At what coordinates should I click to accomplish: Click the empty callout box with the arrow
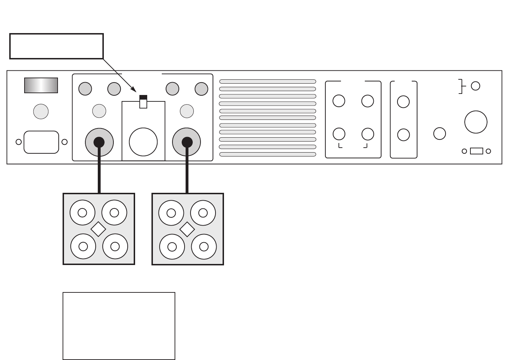pos(57,46)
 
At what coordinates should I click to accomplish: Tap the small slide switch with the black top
pos(143,102)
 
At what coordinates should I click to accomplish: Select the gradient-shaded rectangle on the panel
pos(41,85)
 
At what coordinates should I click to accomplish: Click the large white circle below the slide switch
pos(143,142)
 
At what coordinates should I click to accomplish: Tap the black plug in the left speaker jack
pos(99,142)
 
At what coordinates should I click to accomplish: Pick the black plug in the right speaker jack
pos(187,142)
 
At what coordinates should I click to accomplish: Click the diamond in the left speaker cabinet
pos(98,229)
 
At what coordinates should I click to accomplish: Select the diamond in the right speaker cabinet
pos(187,229)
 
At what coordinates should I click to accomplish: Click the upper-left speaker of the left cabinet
pos(82,213)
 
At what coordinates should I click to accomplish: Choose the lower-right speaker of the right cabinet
pos(204,247)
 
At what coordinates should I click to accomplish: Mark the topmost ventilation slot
pos(268,81)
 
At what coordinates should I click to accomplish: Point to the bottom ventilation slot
pos(268,154)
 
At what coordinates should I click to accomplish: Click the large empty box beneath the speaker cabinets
pos(119,326)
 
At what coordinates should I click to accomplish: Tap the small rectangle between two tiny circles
pos(476,151)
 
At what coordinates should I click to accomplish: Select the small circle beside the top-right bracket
pos(475,86)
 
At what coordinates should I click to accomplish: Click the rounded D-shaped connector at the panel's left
pos(41,142)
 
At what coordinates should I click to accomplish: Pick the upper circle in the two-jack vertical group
pos(403,102)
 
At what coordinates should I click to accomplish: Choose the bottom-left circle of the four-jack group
pos(339,134)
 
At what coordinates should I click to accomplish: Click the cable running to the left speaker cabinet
pos(99,171)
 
